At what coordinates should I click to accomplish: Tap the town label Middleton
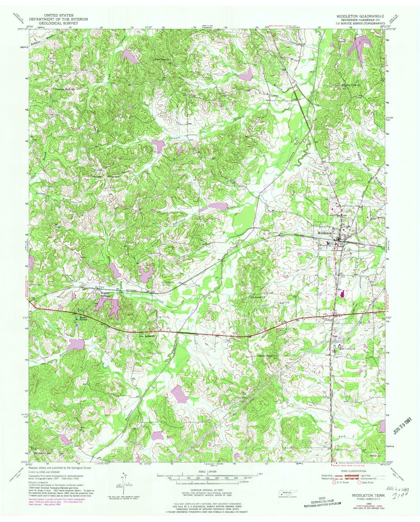point(325,233)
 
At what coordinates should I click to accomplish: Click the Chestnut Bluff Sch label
point(65,89)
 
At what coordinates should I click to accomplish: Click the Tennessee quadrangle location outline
point(288,493)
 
